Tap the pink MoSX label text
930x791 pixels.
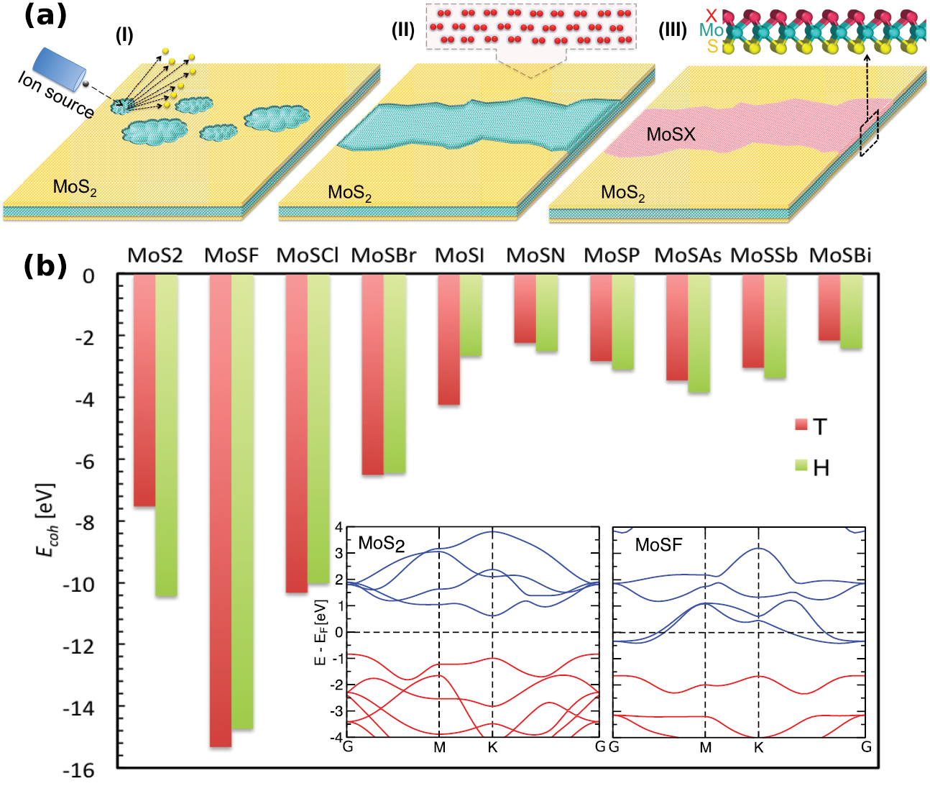coord(671,134)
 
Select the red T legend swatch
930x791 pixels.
coord(801,424)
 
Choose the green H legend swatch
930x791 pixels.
coord(801,465)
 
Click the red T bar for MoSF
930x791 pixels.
coord(221,511)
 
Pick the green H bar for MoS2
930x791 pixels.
coord(167,435)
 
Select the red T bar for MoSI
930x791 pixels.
coord(449,340)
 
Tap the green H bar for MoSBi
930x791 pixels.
coord(851,312)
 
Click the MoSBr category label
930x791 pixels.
coord(383,256)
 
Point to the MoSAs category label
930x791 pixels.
coord(687,256)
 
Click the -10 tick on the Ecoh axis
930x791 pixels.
coord(78,585)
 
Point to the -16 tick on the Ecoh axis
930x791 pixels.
coord(78,770)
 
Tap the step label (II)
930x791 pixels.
coord(404,30)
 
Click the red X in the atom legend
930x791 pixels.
coord(712,15)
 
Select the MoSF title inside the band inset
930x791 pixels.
coord(658,545)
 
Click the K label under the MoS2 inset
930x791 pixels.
coord(492,747)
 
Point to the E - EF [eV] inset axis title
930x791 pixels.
coord(321,632)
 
